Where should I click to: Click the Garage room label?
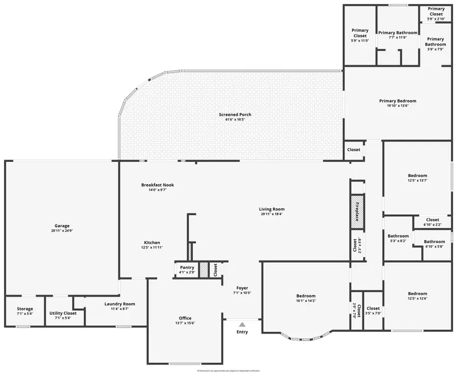click(62, 226)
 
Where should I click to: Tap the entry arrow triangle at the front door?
click(242, 324)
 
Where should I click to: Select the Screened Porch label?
click(235, 114)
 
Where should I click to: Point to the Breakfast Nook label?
click(157, 185)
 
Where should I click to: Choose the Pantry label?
click(187, 267)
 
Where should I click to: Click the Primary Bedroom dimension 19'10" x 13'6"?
click(398, 106)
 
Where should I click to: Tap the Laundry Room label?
click(120, 304)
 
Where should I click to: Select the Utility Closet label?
click(63, 313)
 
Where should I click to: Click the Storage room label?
click(25, 309)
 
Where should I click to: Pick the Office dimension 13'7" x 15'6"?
click(185, 323)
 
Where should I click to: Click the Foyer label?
click(242, 288)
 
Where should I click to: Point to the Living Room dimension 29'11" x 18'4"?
click(272, 214)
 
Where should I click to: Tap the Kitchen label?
click(152, 243)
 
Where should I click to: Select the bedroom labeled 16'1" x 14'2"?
click(306, 296)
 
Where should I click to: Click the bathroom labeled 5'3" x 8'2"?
click(398, 236)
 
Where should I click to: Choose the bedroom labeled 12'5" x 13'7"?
click(417, 176)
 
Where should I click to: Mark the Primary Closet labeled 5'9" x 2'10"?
click(436, 9)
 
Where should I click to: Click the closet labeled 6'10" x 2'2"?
click(433, 220)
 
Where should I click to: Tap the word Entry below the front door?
click(242, 332)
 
